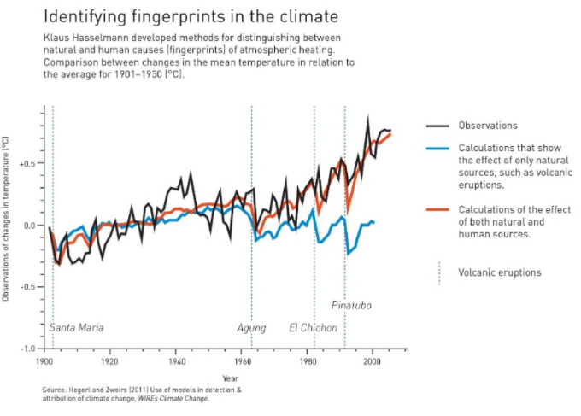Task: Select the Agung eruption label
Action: click(251, 328)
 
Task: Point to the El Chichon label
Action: click(313, 328)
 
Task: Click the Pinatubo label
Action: click(351, 305)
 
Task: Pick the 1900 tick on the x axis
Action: click(44, 361)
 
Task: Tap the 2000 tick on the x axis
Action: click(372, 361)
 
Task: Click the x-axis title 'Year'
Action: click(231, 378)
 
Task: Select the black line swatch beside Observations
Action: click(438, 126)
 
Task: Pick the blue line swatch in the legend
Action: click(438, 147)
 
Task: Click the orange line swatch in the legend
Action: click(438, 210)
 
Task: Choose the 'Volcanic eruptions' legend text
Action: click(500, 273)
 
